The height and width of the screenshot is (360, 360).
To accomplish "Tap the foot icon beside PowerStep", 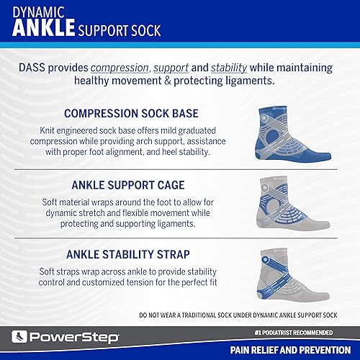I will pyautogui.click(x=21, y=336).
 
